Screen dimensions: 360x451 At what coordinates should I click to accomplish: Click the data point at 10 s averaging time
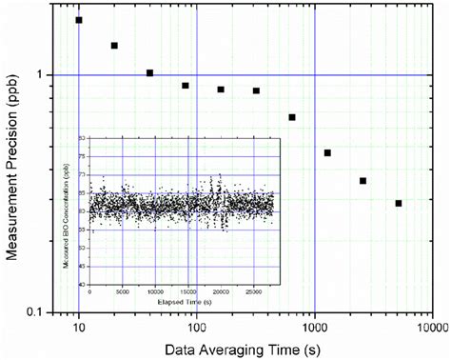coord(79,20)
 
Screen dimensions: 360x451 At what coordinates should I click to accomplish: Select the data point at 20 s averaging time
coord(114,45)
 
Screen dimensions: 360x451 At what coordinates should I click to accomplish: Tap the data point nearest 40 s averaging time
coord(149,72)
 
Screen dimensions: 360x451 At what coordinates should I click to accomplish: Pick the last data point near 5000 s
coord(399,203)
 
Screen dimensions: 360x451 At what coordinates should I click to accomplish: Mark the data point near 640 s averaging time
coord(292,117)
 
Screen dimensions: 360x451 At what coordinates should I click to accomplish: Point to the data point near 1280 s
coord(327,152)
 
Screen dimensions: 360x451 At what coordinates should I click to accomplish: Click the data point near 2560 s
coord(363,181)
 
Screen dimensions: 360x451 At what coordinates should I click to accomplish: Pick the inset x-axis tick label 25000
coord(253,291)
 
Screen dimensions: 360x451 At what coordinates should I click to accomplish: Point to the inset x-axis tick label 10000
coord(154,291)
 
